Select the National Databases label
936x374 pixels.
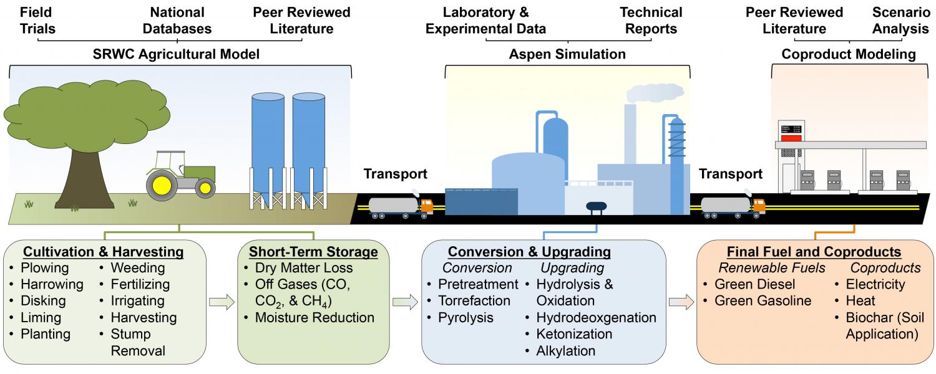177,20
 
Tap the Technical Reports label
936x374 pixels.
651,20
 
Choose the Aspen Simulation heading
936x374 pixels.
567,55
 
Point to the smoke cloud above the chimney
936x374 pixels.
655,93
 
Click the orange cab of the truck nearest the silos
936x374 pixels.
426,205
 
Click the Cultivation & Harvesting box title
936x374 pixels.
104,252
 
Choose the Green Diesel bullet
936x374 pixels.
751,285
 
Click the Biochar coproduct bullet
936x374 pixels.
880,326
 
